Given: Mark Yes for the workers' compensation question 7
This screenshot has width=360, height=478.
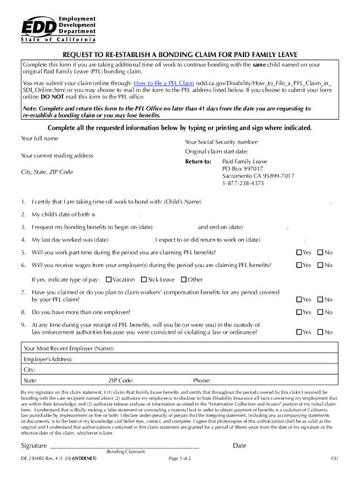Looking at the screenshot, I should click(x=298, y=298).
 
